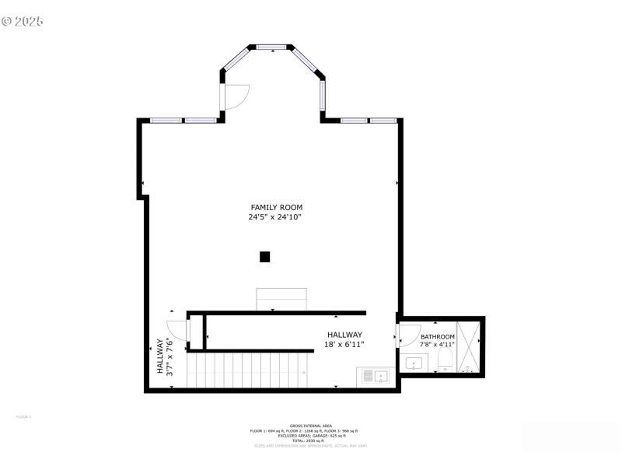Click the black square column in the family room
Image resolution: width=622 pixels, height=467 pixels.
point(264,257)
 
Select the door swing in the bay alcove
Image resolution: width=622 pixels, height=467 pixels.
point(236,96)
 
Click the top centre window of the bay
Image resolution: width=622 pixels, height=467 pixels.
point(271,47)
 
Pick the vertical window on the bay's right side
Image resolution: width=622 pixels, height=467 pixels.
point(322,95)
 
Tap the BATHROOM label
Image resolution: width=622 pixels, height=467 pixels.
point(437,337)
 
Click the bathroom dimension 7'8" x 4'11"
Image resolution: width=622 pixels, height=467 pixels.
point(437,345)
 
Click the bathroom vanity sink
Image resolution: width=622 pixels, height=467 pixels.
point(414,363)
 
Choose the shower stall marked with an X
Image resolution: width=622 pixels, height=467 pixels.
point(468,346)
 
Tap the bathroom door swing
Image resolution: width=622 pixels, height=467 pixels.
point(408,335)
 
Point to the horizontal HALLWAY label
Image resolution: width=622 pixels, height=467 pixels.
point(344,335)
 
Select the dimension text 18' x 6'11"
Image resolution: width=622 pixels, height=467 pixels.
point(344,344)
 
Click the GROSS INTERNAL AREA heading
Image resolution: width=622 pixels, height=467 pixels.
point(310,426)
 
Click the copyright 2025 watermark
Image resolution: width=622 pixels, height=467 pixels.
point(23,21)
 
